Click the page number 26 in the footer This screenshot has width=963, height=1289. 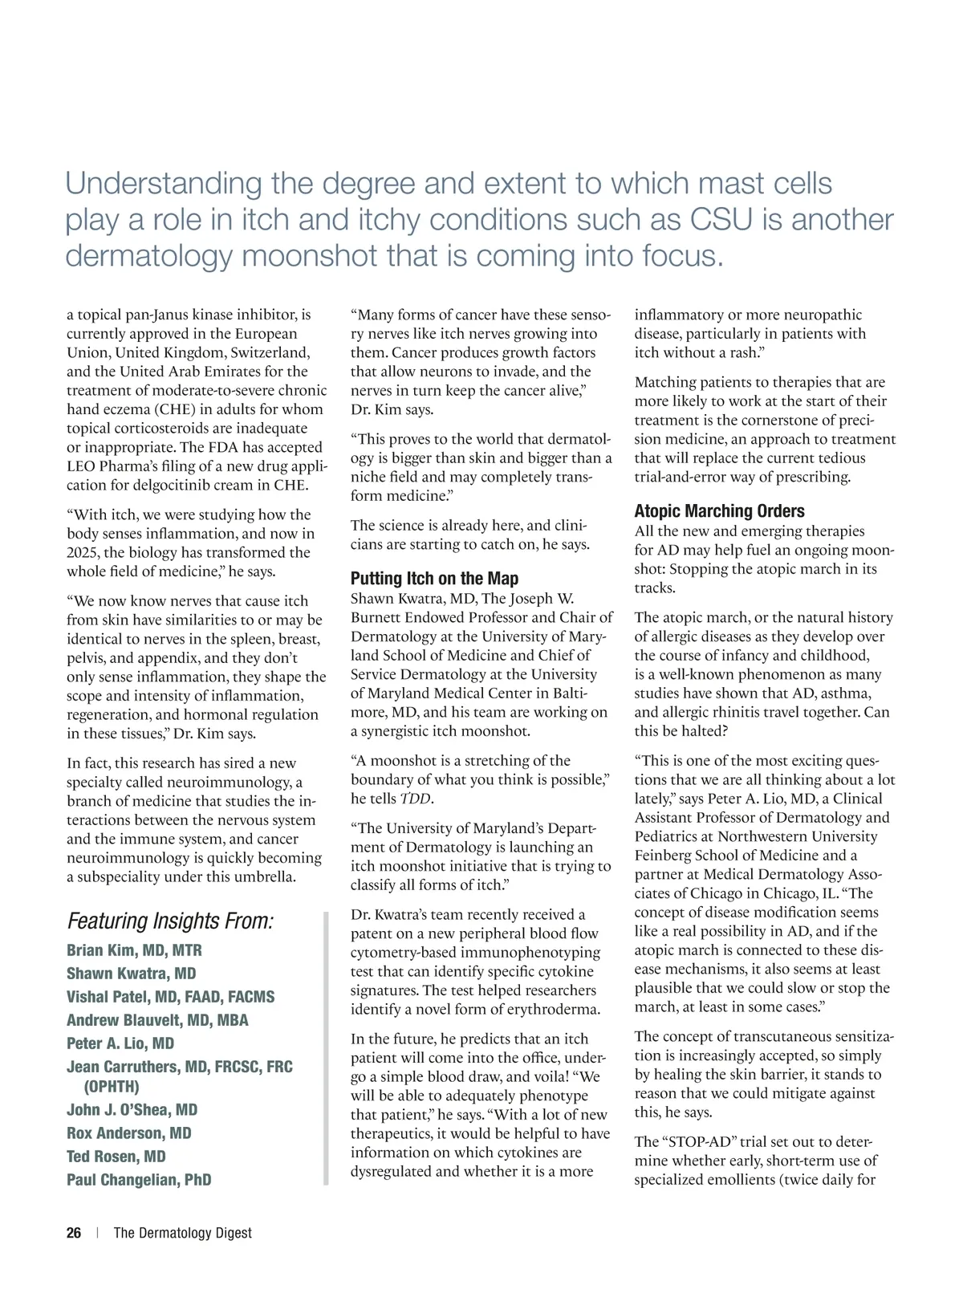point(74,1233)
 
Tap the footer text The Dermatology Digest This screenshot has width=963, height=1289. point(182,1233)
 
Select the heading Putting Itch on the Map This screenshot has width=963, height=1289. point(434,579)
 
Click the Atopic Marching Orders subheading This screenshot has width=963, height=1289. point(719,511)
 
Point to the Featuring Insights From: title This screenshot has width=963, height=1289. point(170,921)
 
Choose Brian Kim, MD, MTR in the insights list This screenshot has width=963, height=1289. point(134,950)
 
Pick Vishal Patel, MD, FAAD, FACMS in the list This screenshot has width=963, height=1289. point(170,997)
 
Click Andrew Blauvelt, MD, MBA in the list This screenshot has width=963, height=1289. point(157,1020)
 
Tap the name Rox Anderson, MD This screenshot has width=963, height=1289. point(128,1133)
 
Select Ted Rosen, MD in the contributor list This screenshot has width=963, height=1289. point(116,1157)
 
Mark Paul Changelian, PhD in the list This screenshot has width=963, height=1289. point(139,1180)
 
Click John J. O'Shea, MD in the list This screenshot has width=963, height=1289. point(132,1110)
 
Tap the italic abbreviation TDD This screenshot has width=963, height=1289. point(415,799)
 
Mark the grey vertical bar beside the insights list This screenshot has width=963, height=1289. point(326,1048)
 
